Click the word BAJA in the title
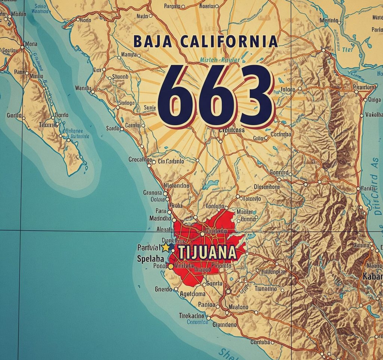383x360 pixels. click(152, 41)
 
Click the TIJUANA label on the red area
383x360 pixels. click(207, 253)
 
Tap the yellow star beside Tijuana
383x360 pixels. click(165, 247)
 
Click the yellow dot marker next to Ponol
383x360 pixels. click(171, 267)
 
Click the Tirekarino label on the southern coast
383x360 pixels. click(193, 315)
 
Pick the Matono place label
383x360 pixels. click(238, 307)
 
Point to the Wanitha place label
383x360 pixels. click(83, 88)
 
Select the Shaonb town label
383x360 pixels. click(120, 77)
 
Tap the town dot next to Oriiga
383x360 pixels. click(365, 100)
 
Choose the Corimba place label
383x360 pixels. click(280, 134)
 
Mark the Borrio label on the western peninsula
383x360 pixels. click(61, 115)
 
